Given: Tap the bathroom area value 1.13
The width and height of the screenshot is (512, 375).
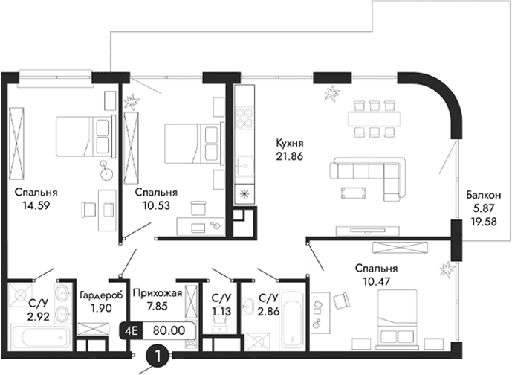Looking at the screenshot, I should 221,311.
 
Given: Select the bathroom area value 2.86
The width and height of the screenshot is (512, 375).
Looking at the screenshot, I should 269,311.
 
